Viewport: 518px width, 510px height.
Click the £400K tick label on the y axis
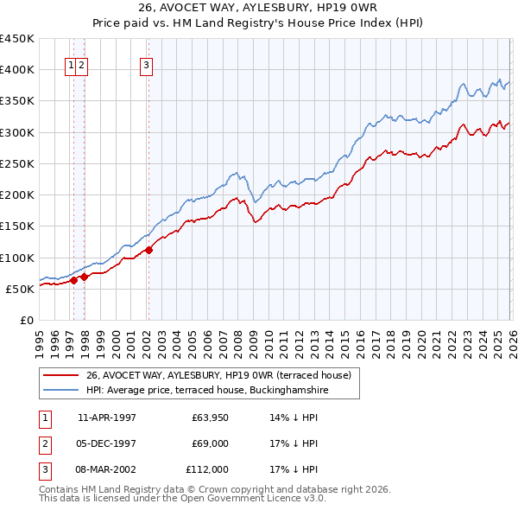[17, 70]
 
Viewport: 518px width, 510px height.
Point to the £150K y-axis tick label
[17, 226]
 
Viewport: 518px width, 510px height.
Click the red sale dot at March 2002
[148, 250]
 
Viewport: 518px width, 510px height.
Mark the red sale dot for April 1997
[74, 280]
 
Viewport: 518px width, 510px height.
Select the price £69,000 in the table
[210, 443]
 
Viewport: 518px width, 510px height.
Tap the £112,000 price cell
[207, 469]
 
